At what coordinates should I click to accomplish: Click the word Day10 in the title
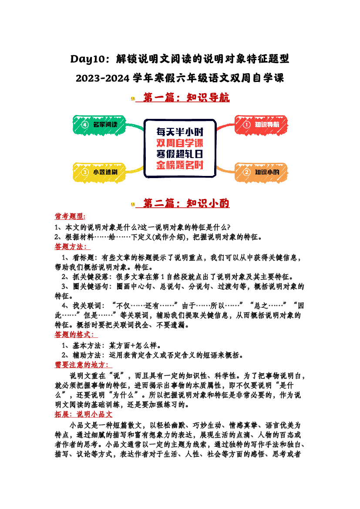87,59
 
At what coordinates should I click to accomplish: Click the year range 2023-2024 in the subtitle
103,78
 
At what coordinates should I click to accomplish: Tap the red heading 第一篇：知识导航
186,98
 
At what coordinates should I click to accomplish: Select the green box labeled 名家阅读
99,125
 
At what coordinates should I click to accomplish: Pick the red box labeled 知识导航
261,125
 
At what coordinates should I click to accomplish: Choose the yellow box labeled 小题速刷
99,172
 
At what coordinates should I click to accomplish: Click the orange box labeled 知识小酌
261,172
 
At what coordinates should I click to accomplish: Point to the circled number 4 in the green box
85,125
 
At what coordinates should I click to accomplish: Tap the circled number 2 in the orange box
247,172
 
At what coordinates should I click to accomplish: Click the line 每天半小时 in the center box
180,132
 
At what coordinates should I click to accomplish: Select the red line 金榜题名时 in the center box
180,165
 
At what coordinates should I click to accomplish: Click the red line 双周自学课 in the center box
180,143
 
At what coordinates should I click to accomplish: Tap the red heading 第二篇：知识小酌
186,203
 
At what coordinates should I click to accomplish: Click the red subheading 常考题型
70,216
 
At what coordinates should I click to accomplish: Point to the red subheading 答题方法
71,247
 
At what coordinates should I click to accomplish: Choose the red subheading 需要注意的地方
82,365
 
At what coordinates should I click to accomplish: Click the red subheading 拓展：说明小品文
84,415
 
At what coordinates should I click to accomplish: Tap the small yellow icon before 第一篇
133,98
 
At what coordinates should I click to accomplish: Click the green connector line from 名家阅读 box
135,126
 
